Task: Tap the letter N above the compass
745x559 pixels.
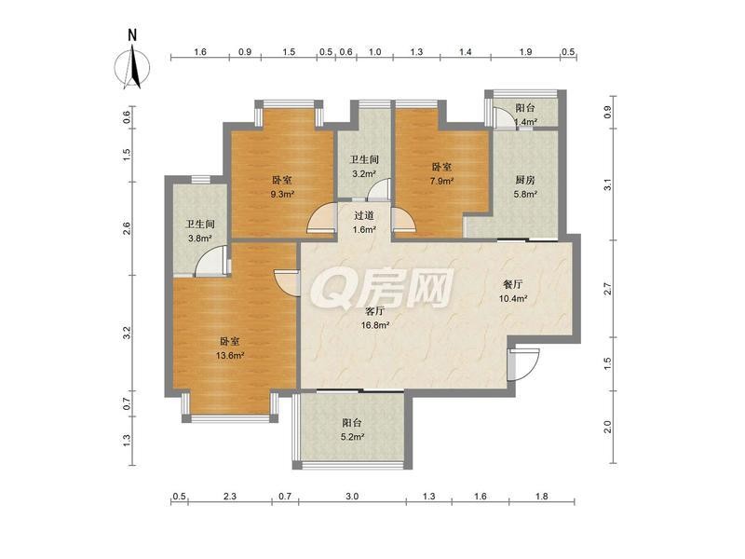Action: point(132,34)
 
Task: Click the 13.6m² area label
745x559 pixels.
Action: point(230,355)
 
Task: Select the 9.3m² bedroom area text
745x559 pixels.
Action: point(282,194)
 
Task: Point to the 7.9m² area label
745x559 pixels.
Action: point(441,181)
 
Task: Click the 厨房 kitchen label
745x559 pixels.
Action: point(525,180)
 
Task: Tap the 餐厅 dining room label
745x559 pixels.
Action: point(513,285)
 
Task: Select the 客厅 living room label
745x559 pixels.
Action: point(375,311)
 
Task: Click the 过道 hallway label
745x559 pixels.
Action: point(364,215)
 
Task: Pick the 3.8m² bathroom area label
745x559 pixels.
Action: point(199,239)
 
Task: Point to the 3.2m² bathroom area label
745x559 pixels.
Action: point(364,173)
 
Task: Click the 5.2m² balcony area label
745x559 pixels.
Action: point(352,437)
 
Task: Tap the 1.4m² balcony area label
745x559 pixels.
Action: point(525,122)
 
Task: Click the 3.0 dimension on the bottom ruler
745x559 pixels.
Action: point(352,497)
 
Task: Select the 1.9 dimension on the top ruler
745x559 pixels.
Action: point(525,52)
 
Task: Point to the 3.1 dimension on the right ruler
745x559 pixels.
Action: point(607,184)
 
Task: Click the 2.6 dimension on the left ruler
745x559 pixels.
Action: point(127,228)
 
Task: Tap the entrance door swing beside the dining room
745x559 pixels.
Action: point(523,364)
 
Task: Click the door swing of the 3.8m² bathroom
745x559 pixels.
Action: point(211,261)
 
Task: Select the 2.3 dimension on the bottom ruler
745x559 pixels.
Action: point(230,497)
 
